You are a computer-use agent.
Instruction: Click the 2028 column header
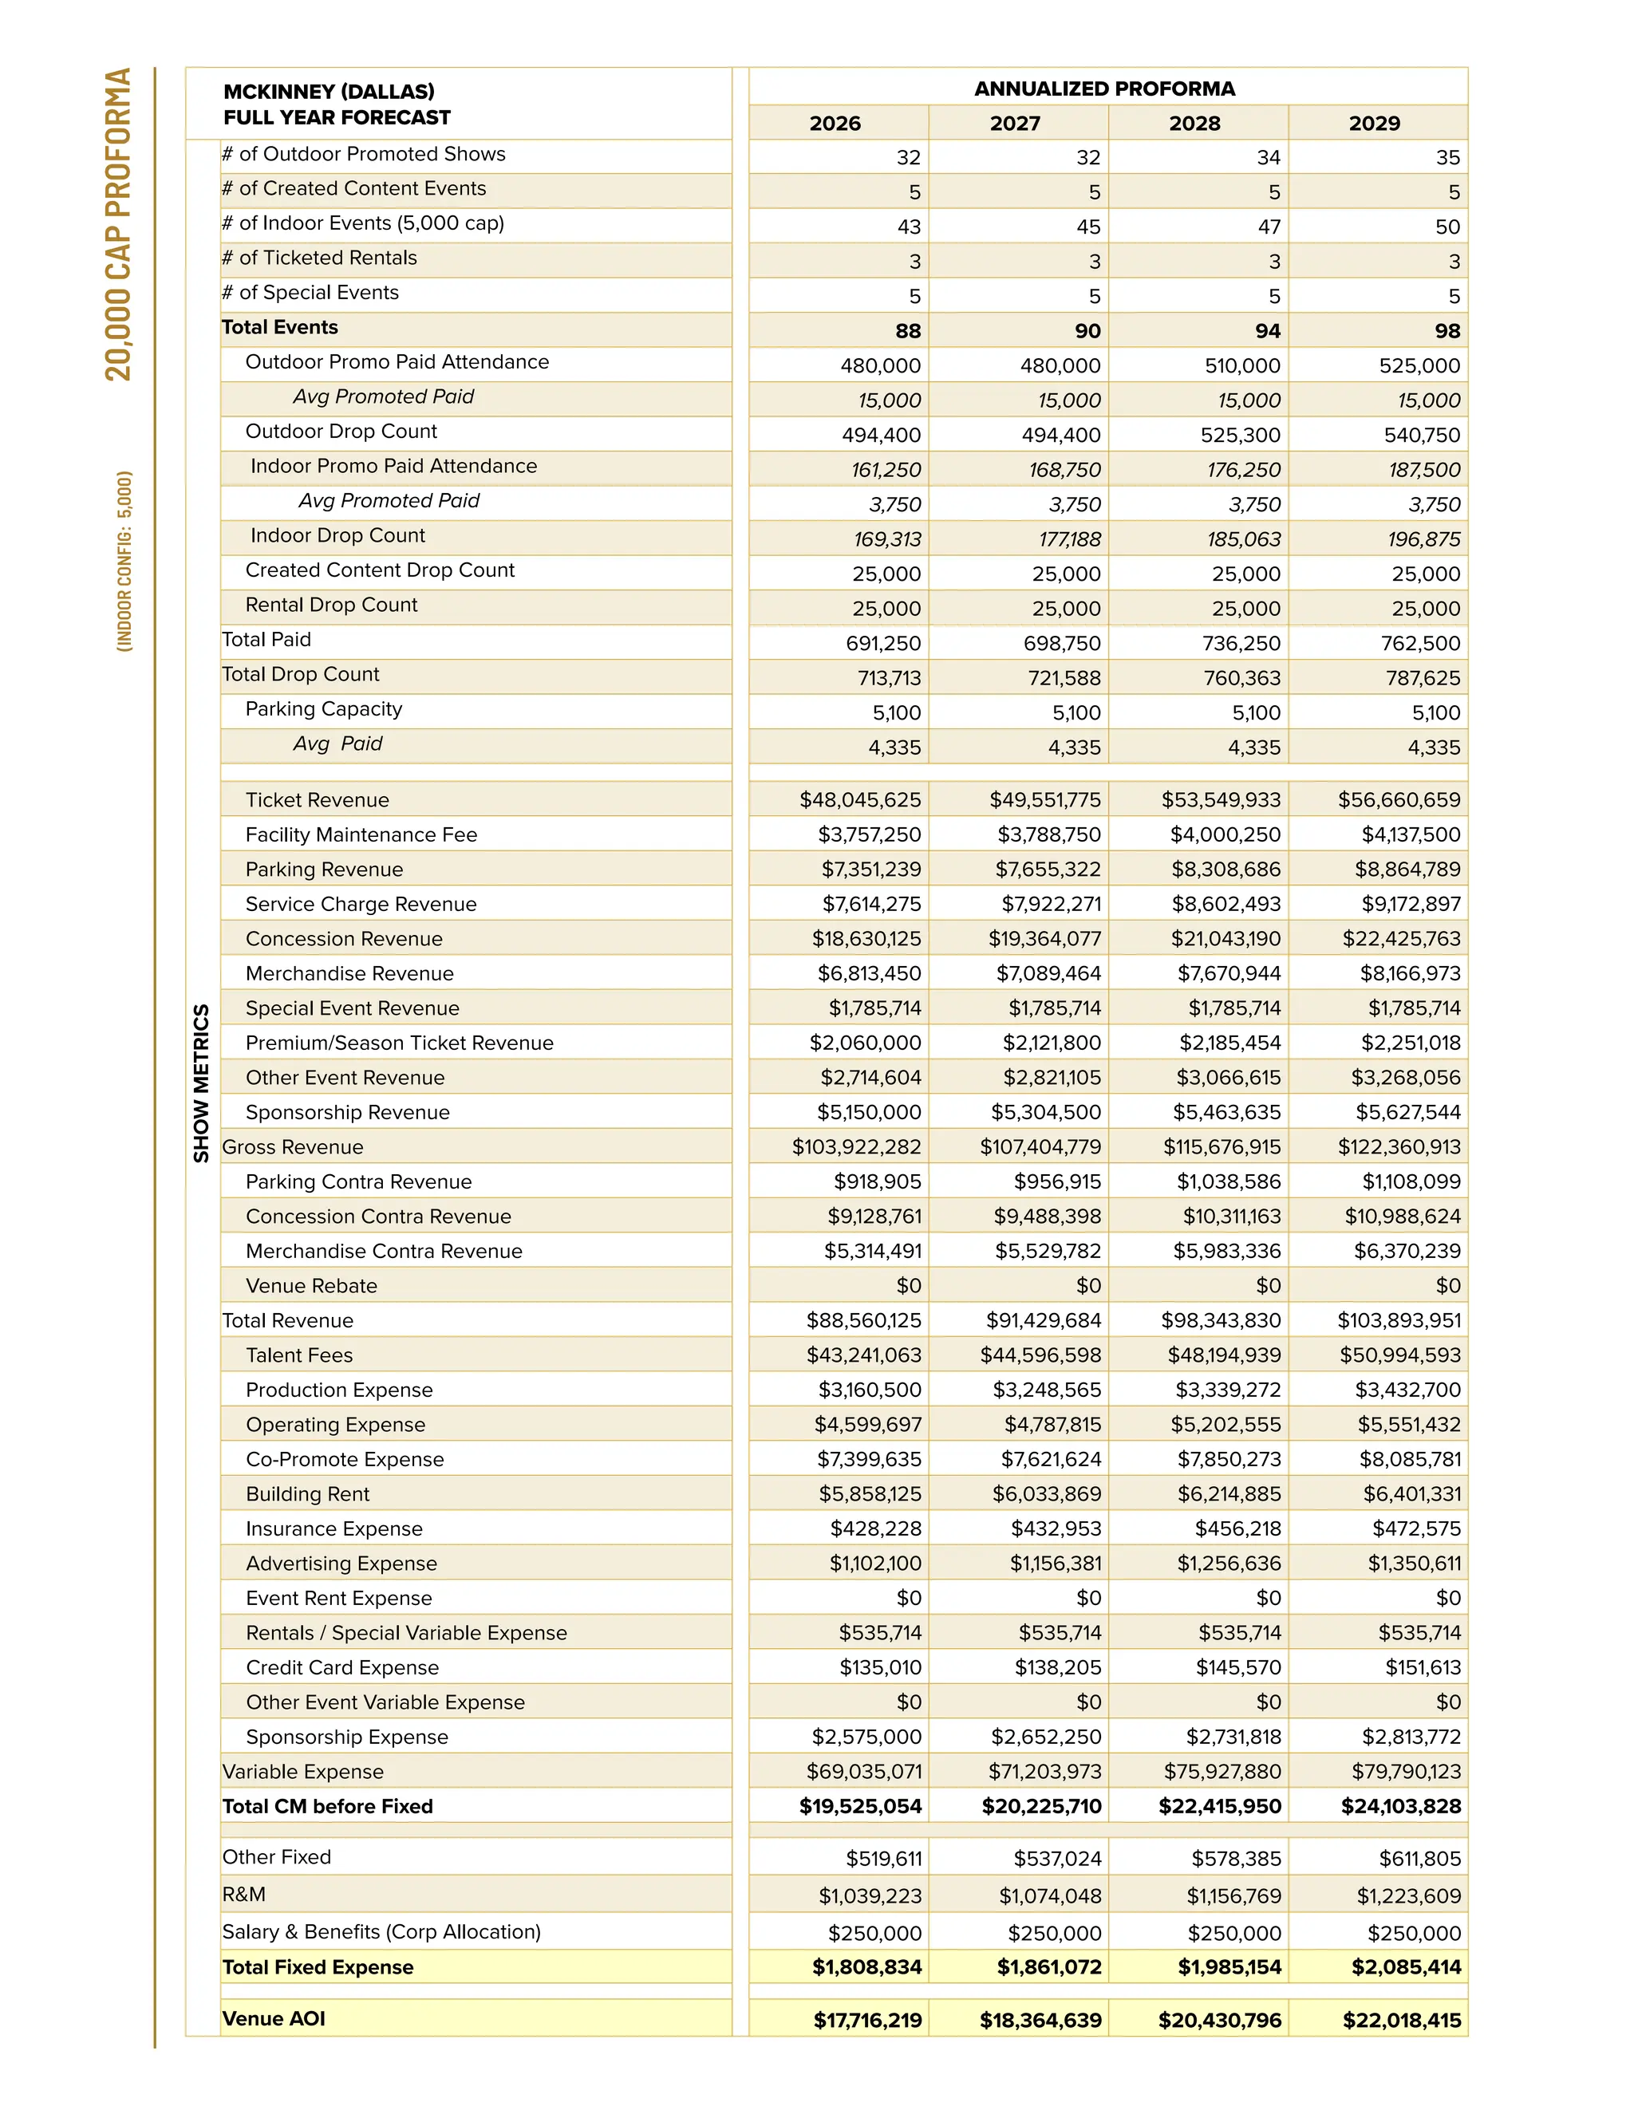(1194, 123)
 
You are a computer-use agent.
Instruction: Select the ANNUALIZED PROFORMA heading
(1103, 88)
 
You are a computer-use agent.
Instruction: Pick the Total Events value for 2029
(1447, 331)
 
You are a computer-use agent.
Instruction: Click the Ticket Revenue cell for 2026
(859, 799)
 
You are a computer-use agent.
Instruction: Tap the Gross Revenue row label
(292, 1147)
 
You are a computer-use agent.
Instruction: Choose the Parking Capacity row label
(323, 708)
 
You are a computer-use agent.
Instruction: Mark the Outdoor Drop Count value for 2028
(1239, 436)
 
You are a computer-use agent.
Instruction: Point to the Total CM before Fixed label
(327, 1806)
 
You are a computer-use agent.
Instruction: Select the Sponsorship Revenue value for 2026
(868, 1112)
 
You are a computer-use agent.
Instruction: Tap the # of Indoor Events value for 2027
(1087, 227)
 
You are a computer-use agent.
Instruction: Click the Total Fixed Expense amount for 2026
(866, 1967)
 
